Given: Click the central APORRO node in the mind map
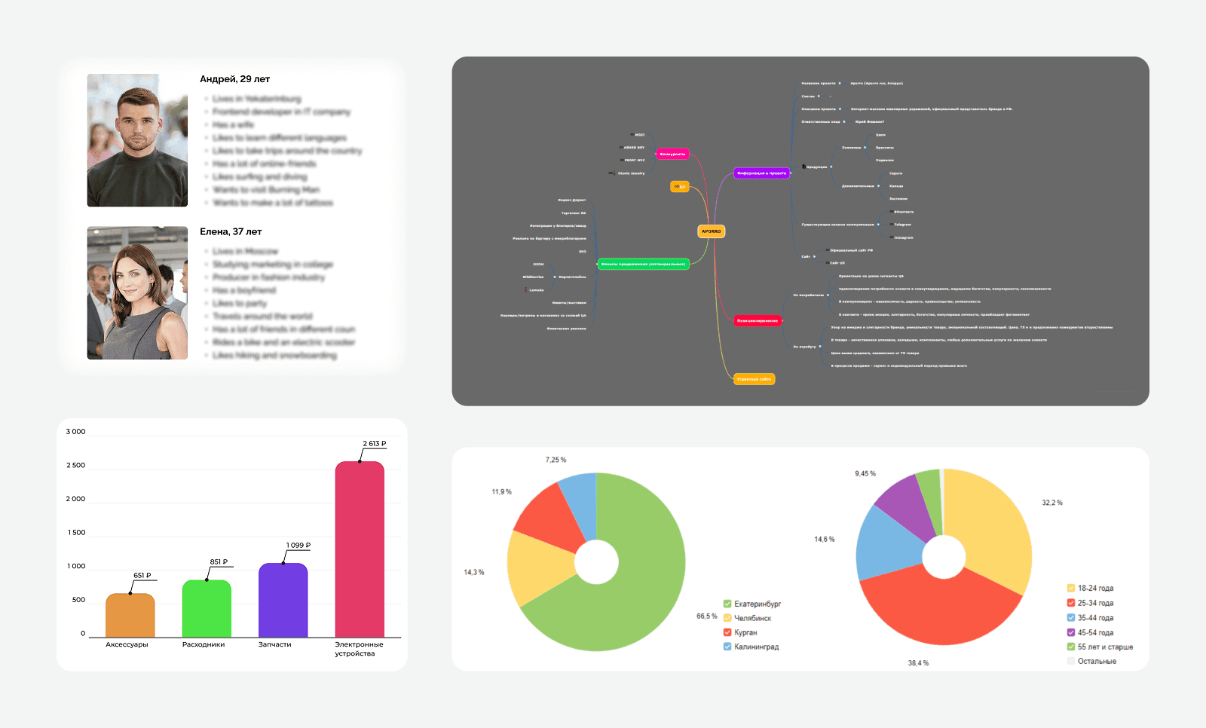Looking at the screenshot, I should (x=712, y=231).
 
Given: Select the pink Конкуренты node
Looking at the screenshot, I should (x=672, y=154).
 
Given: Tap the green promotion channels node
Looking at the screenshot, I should (x=643, y=264).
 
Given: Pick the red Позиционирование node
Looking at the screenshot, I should (x=758, y=321).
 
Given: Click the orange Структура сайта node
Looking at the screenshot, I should (x=754, y=379).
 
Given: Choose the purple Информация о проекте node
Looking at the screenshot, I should (x=761, y=173).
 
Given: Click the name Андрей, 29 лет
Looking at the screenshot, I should (x=234, y=79).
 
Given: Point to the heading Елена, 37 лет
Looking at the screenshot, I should (x=231, y=232).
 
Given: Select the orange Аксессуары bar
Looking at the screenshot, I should (x=130, y=616).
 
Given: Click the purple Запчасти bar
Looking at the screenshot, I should (x=283, y=601).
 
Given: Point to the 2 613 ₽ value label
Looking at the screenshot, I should (x=374, y=444).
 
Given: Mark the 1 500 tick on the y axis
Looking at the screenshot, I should (x=76, y=533).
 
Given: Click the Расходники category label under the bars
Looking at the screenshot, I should (x=204, y=645).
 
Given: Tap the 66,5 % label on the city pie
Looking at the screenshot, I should (x=706, y=616).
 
